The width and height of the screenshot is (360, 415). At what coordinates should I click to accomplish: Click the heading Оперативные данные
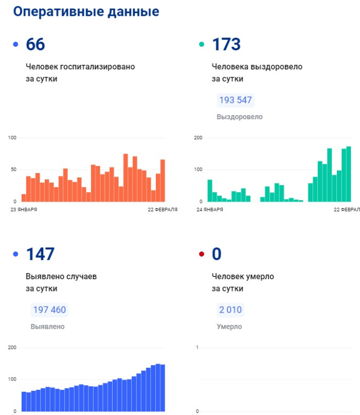click(86, 12)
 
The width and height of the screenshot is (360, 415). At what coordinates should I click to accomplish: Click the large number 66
click(35, 45)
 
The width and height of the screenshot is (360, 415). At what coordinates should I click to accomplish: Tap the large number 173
click(226, 45)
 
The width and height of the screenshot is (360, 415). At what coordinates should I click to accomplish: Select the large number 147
click(40, 254)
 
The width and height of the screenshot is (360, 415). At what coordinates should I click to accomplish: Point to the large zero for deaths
click(217, 254)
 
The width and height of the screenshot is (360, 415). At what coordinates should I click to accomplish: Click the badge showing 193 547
click(236, 100)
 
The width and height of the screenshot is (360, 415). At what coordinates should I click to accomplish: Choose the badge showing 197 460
click(49, 310)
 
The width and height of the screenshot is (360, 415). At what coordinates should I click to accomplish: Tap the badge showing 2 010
click(229, 310)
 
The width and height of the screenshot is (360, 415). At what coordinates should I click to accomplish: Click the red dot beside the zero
click(202, 254)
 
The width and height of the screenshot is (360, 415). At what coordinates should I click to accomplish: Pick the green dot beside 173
click(202, 45)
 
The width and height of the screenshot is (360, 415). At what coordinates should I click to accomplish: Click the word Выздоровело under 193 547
click(239, 117)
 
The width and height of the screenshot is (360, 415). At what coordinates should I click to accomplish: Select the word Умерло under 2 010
click(229, 327)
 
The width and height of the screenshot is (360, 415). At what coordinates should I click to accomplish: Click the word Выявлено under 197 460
click(47, 327)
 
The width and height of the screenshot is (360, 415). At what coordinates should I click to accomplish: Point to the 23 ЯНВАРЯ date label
click(24, 210)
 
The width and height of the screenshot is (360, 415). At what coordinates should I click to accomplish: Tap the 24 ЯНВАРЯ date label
click(210, 210)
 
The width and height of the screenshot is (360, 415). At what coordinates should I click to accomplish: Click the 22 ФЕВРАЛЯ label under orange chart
click(162, 210)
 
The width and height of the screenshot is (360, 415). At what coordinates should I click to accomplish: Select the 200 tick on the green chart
click(198, 138)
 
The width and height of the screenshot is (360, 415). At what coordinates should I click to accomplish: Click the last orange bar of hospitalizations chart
click(163, 181)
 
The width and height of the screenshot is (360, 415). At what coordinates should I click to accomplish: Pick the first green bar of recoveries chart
click(210, 191)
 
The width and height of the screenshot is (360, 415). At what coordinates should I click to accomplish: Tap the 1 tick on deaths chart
click(198, 348)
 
